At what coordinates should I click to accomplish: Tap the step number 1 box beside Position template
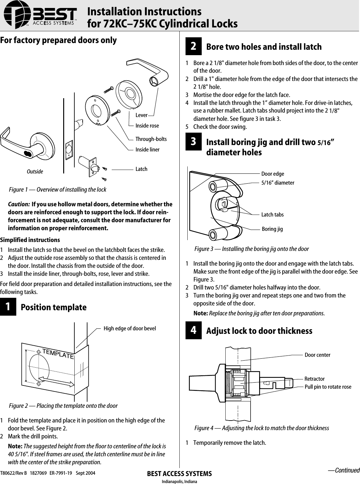tap(8, 307)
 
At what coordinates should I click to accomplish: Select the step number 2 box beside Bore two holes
tap(193, 47)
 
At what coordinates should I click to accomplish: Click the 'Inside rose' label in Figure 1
tap(147, 126)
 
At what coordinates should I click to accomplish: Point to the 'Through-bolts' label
tap(151, 139)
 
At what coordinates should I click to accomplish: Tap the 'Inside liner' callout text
tap(147, 150)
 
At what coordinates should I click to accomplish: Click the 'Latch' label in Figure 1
tap(141, 169)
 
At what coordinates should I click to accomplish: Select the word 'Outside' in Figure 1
tap(35, 172)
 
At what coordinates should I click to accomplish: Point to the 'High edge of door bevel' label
tap(130, 328)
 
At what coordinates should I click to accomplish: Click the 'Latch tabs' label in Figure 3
tap(272, 215)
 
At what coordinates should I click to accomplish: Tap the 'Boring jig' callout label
tap(272, 229)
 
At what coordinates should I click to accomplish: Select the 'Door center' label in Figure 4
tap(317, 355)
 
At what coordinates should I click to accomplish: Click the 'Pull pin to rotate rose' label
tap(328, 387)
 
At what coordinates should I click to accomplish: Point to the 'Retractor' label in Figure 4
tap(314, 379)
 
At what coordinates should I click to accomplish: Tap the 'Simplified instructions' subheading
tap(30, 240)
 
